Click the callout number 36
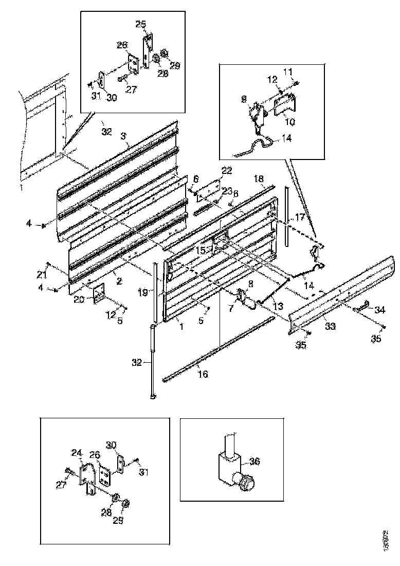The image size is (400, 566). (x=254, y=462)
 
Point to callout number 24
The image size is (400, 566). (x=77, y=453)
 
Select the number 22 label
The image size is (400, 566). (x=227, y=170)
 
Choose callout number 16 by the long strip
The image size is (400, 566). (x=204, y=374)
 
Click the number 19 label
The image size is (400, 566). (x=144, y=292)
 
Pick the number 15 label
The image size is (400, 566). (x=202, y=251)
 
